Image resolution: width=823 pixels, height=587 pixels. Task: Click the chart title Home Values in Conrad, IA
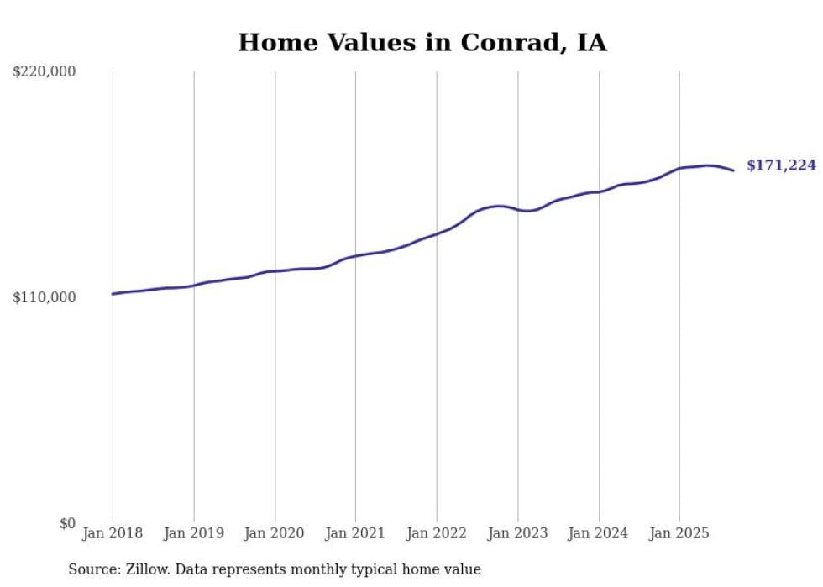[422, 43]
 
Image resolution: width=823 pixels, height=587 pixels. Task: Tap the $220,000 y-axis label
[45, 72]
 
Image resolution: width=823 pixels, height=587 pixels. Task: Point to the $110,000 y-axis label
[45, 297]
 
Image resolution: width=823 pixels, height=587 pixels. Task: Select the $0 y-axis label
[67, 523]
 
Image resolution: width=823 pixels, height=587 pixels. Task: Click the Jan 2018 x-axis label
[113, 533]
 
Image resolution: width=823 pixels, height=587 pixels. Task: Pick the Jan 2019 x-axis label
[194, 533]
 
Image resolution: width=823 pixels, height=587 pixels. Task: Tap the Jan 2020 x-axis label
[275, 533]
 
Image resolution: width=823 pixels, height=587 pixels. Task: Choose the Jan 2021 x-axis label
[355, 533]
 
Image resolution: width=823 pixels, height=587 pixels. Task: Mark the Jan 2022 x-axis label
[437, 533]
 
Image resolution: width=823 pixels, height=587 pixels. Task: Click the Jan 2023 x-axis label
[517, 533]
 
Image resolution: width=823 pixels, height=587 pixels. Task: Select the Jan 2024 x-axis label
[599, 533]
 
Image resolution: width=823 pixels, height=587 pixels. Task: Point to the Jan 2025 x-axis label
[679, 533]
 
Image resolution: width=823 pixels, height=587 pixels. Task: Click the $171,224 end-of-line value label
[781, 166]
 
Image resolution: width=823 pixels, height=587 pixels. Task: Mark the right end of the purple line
[733, 170]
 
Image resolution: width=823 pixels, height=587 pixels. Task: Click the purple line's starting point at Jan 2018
[113, 294]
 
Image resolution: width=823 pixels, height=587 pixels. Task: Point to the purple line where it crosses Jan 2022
[437, 233]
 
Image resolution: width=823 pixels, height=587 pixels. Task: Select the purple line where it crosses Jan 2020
[275, 271]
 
